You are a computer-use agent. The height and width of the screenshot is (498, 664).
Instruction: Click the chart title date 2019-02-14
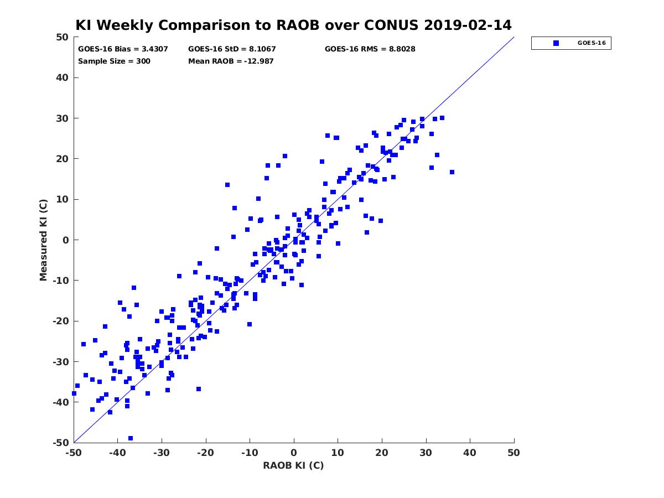pos(468,25)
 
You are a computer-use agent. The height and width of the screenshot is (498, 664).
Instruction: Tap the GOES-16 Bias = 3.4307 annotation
pos(123,49)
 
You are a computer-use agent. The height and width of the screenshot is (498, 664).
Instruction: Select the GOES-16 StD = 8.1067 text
pos(232,49)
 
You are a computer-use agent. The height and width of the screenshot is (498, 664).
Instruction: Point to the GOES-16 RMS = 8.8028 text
pos(370,49)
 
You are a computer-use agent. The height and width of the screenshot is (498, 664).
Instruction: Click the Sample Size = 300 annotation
pos(114,61)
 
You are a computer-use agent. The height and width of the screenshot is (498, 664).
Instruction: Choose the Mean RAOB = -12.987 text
pos(231,61)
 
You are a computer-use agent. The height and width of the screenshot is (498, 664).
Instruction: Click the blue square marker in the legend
pos(556,43)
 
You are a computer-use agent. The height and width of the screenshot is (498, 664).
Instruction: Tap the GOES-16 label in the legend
pos(592,43)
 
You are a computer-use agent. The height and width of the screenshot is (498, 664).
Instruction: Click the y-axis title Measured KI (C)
pos(43,240)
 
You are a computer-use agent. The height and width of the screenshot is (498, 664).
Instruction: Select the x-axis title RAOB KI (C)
pos(293,465)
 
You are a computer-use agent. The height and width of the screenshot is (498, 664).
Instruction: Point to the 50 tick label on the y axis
pos(63,37)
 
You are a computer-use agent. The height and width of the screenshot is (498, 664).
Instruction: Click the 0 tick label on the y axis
pos(66,240)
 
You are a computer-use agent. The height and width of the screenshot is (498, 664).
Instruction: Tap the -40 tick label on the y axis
pos(61,402)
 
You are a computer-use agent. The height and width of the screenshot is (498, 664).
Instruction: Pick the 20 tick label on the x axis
pos(382,453)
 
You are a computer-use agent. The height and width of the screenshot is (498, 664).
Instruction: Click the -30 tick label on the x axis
pos(162,453)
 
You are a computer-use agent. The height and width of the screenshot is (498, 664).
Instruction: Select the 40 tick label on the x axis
pos(470,453)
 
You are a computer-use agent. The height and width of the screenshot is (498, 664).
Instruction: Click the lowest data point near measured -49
pos(131,438)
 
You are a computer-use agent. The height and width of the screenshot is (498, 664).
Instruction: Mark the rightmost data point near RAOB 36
pos(452,172)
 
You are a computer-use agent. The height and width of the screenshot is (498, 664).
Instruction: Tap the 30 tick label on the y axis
pos(63,118)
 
